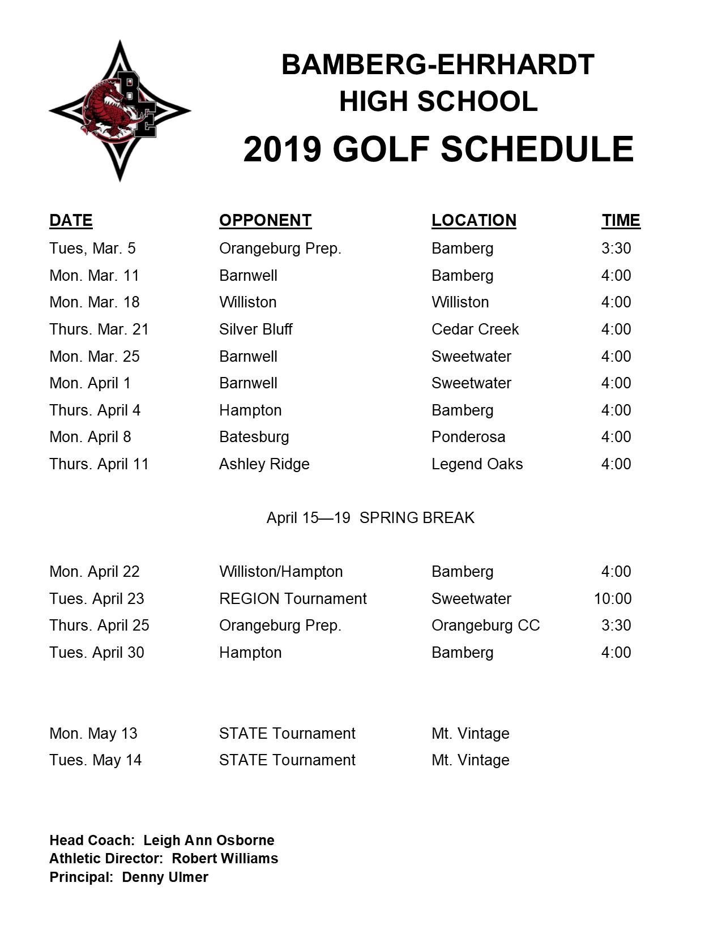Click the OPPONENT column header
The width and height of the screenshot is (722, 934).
[x=265, y=220]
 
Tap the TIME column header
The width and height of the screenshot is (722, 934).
[x=621, y=220]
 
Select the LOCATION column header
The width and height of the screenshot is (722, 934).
[x=473, y=220]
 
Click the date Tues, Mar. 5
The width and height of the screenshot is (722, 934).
[x=92, y=248]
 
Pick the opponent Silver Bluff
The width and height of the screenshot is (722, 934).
[x=255, y=329]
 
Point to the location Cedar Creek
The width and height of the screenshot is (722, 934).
[x=475, y=329]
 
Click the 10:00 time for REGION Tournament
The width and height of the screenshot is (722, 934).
[x=612, y=598]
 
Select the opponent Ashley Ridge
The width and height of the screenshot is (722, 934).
[x=264, y=464]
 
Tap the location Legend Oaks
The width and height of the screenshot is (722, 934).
[x=477, y=464]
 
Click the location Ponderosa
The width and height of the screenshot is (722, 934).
[x=468, y=436]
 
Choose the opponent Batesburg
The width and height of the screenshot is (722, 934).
[x=254, y=436]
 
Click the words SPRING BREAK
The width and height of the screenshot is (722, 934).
[x=417, y=517]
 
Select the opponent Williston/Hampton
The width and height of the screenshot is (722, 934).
[x=281, y=571]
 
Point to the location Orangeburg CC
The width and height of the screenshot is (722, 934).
[x=485, y=625]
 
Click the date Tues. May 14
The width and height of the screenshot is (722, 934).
[x=95, y=760]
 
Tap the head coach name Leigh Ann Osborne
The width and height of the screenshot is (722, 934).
[x=208, y=840]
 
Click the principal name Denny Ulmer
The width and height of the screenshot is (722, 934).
[x=165, y=877]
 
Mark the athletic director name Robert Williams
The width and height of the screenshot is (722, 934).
[x=225, y=858]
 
